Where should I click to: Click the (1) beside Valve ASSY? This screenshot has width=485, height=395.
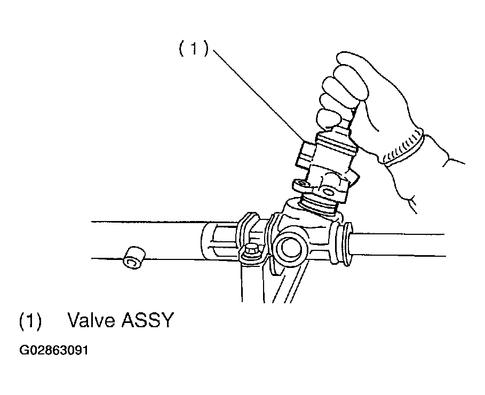(30, 320)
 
